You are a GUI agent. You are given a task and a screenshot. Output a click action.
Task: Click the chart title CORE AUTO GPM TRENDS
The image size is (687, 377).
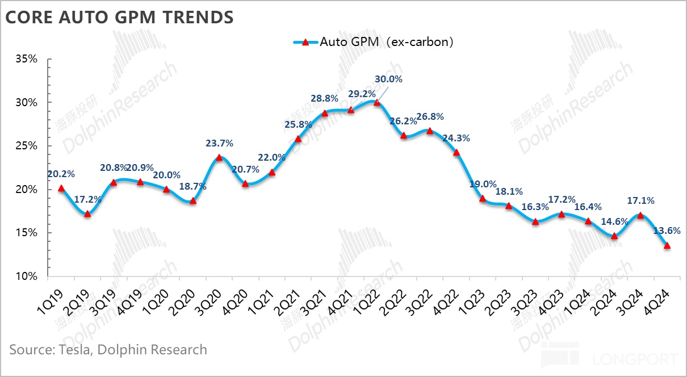click(119, 17)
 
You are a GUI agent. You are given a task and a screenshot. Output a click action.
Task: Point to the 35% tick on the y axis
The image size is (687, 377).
click(26, 59)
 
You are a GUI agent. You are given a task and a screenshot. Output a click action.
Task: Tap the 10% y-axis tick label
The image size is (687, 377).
click(26, 277)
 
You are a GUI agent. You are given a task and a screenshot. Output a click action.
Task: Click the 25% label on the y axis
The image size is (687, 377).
click(26, 146)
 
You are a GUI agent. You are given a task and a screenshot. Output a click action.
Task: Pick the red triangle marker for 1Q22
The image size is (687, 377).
click(376, 102)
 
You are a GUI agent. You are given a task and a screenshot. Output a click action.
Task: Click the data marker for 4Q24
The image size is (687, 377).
click(667, 245)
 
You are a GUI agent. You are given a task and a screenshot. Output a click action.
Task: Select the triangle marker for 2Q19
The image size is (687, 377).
click(87, 213)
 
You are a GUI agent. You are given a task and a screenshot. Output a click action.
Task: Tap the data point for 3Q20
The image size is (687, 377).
click(219, 157)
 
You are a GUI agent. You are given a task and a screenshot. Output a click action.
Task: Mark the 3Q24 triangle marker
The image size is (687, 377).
click(640, 215)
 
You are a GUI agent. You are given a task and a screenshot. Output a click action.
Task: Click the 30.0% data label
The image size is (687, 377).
click(388, 79)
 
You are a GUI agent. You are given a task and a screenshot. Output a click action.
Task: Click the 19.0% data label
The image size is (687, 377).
click(483, 184)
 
